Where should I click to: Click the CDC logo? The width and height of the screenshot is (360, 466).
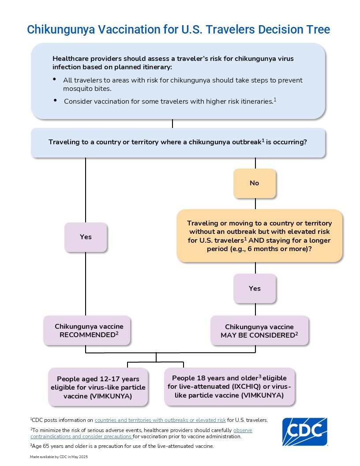point(304,432)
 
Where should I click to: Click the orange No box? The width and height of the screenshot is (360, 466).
point(255,183)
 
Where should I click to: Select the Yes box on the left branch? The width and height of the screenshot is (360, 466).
point(86,237)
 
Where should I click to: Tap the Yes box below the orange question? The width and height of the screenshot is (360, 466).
point(255,289)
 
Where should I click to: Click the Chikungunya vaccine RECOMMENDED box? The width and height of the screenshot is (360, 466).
point(87,331)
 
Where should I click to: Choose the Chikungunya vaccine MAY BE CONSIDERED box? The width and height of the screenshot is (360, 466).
point(259,331)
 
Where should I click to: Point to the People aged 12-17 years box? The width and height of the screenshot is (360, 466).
point(98,387)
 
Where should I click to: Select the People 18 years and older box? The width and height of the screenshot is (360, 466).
point(229,387)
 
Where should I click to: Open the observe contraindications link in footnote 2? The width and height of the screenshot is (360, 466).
point(243,430)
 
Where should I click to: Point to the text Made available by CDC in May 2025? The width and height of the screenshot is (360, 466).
point(59,457)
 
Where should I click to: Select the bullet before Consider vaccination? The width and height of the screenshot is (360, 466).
point(55,101)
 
